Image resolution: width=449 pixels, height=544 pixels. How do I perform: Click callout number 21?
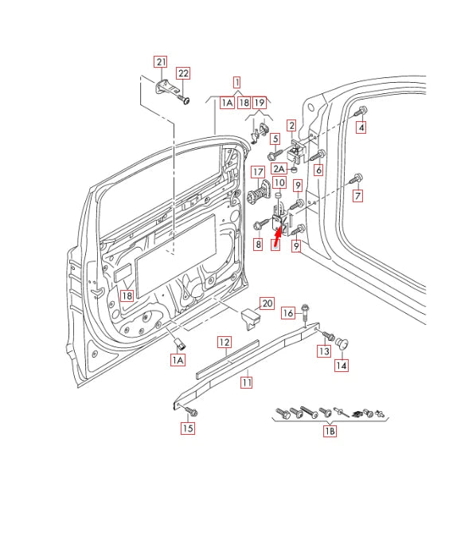point(161,61)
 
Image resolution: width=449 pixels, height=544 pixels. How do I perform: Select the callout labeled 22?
point(183,73)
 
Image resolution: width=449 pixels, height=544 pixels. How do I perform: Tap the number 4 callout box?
point(361,127)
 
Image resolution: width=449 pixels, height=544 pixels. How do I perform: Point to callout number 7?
point(358,196)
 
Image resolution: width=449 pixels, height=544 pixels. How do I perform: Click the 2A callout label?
point(279,168)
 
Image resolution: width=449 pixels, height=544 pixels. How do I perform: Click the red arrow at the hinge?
point(279,233)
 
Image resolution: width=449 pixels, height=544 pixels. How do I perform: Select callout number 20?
point(267,303)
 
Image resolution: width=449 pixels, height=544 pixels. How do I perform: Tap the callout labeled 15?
point(187,429)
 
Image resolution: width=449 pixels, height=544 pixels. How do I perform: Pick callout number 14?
point(341,366)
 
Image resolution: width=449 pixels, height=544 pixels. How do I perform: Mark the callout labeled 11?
point(247,382)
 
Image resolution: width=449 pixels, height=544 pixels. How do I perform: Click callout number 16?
point(288,312)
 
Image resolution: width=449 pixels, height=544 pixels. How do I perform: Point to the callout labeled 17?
point(257,172)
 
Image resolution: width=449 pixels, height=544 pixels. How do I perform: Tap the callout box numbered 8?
point(258,245)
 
